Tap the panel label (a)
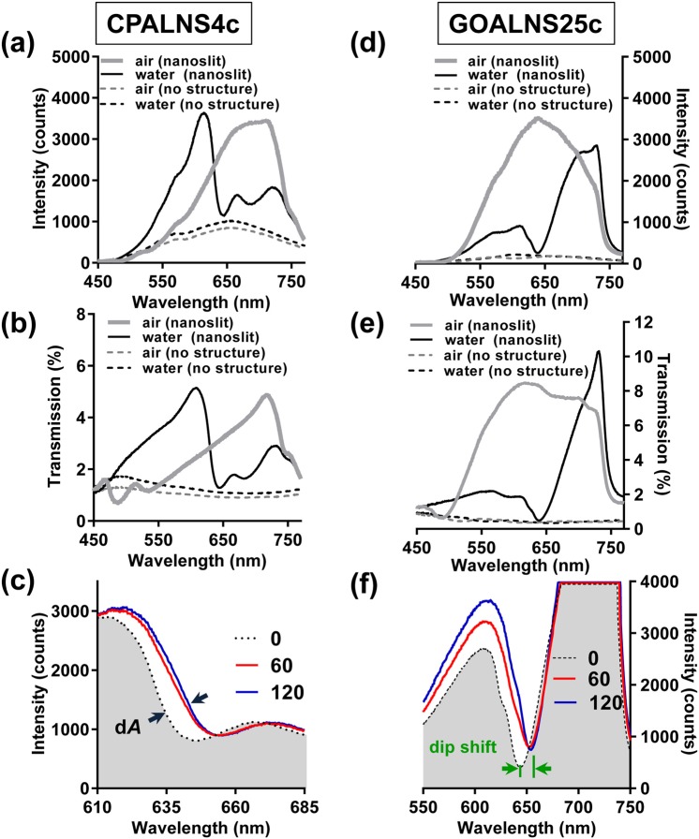(x=20, y=44)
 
